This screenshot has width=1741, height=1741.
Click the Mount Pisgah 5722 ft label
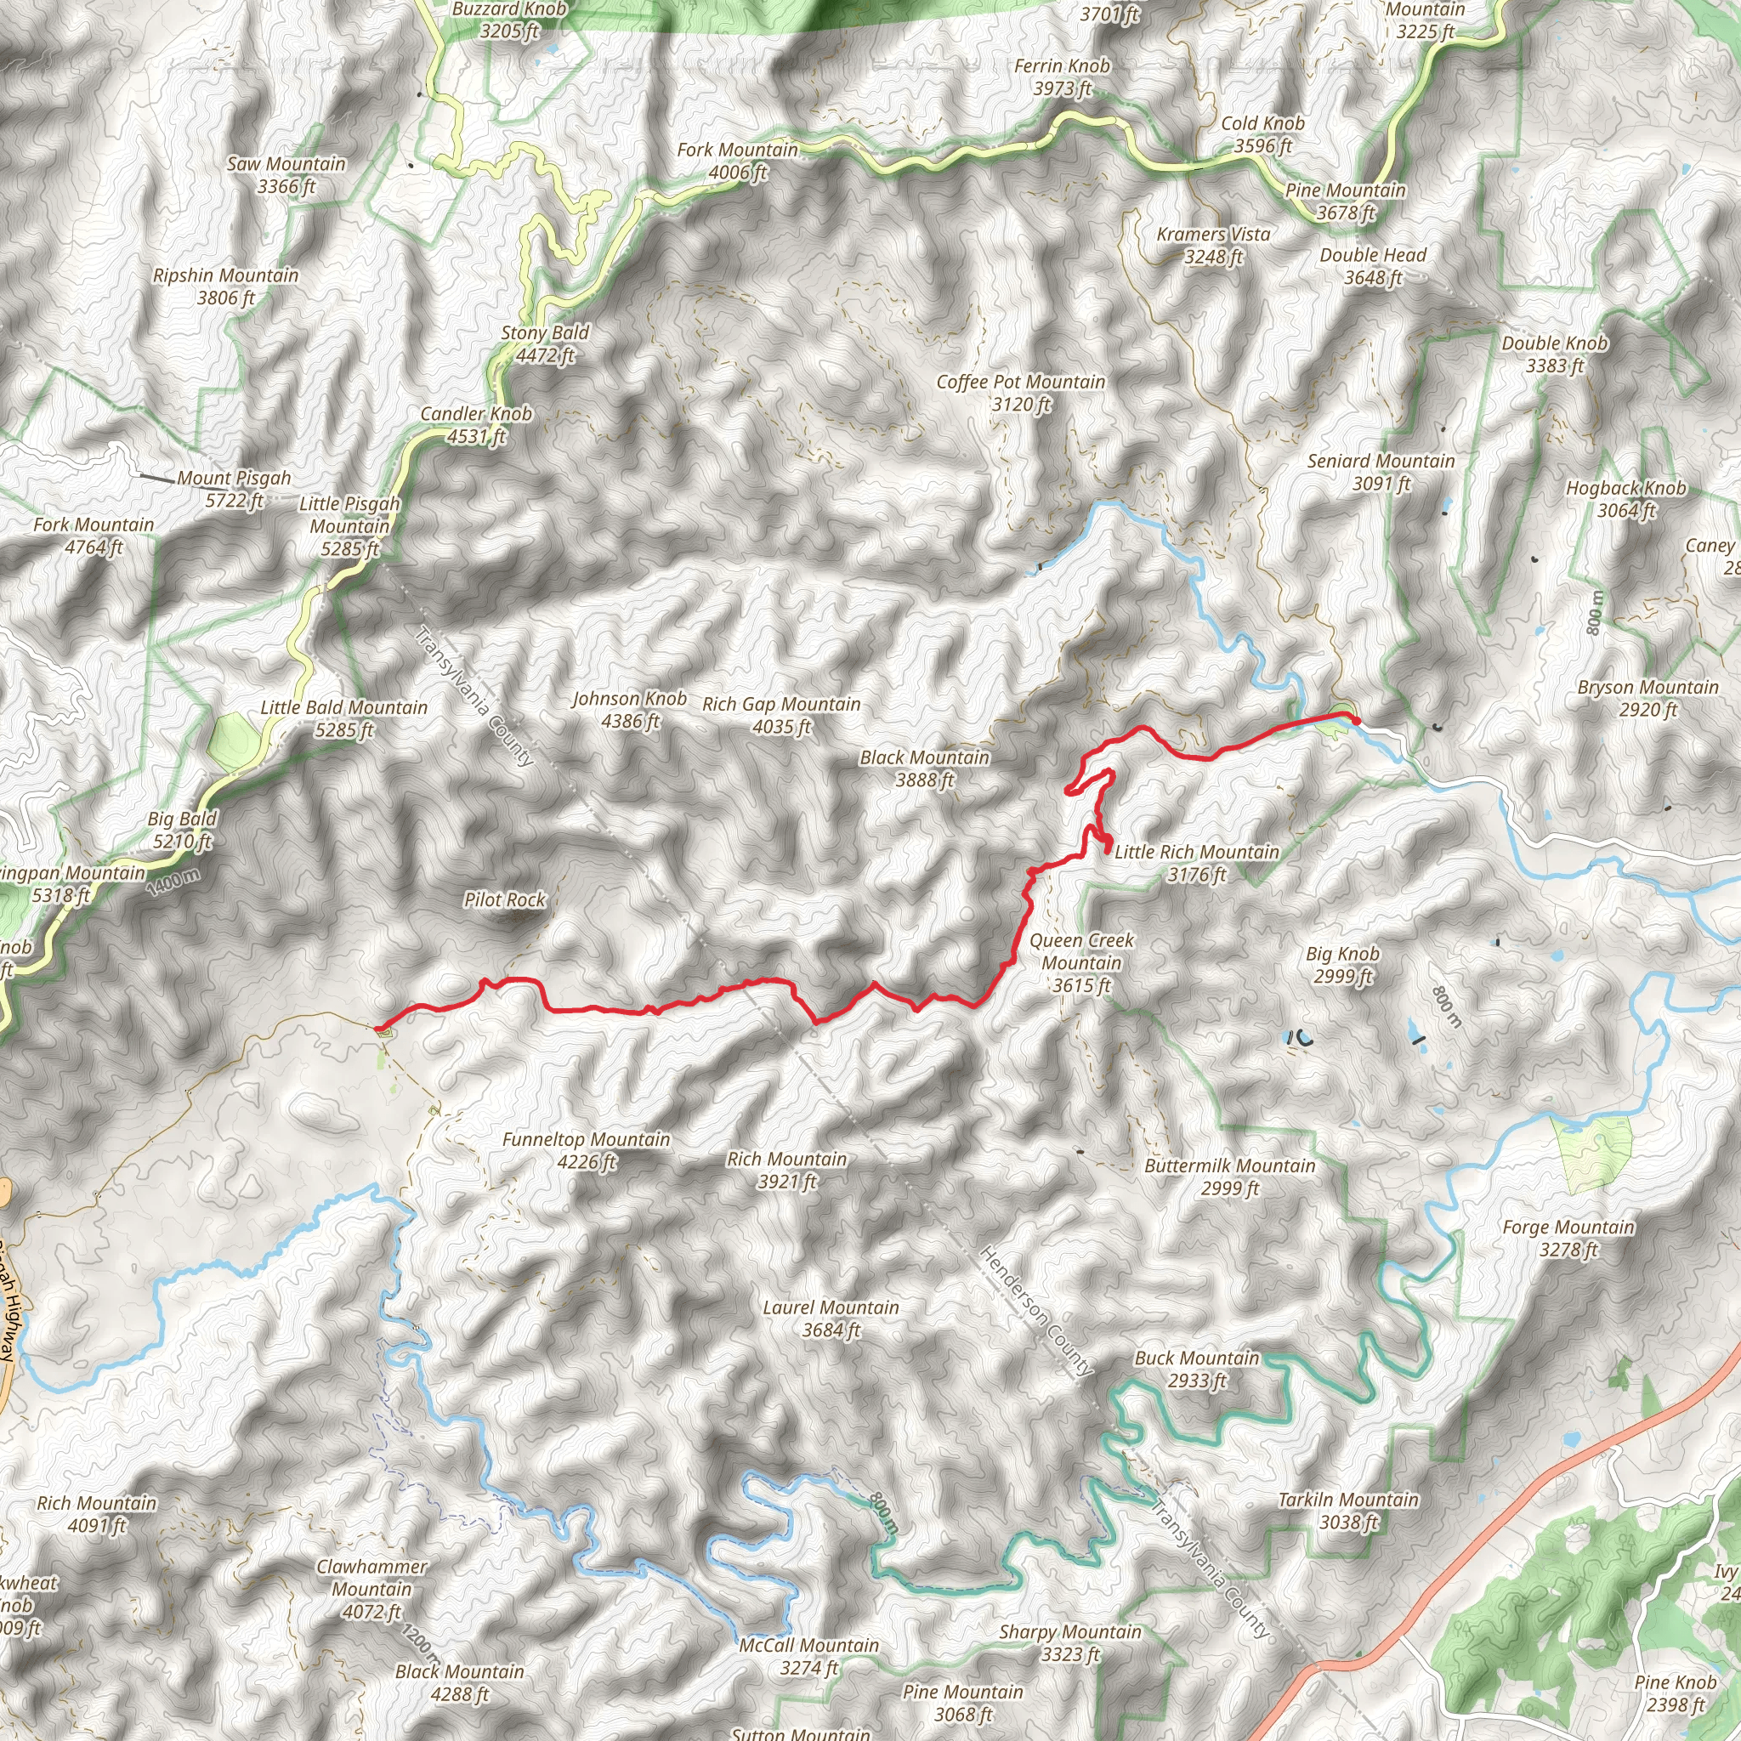coord(234,490)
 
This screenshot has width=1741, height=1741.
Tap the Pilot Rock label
coord(505,899)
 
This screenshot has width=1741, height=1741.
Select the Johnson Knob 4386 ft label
coord(630,709)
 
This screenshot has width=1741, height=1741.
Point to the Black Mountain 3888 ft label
coord(924,768)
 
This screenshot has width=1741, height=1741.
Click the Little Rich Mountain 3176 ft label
coord(1196,862)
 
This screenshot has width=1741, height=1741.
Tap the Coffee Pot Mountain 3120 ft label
coord(1020,393)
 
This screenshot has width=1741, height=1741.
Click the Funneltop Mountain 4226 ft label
coord(586,1150)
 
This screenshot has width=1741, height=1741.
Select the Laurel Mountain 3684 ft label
coord(830,1319)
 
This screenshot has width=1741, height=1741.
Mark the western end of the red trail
coord(376,1026)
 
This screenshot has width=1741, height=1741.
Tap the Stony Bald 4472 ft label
coord(544,343)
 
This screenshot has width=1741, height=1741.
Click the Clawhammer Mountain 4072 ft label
coord(371,1589)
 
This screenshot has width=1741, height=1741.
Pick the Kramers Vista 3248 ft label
coord(1213,245)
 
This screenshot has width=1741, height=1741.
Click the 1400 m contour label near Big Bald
coord(173,881)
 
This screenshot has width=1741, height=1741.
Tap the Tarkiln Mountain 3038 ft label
coord(1348,1511)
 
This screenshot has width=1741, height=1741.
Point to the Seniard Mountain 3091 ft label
coord(1381,471)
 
